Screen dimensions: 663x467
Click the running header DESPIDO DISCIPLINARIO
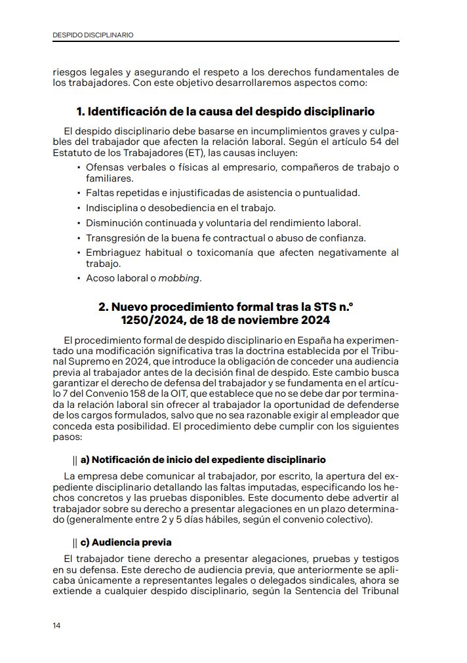93,35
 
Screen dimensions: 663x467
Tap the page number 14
57,626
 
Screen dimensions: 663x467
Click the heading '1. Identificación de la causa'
226,111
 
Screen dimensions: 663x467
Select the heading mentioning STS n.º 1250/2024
226,313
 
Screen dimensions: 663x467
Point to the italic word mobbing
179,278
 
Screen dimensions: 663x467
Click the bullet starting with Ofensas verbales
241,168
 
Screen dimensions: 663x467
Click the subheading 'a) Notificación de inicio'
203,459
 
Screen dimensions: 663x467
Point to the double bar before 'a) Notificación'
75,459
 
